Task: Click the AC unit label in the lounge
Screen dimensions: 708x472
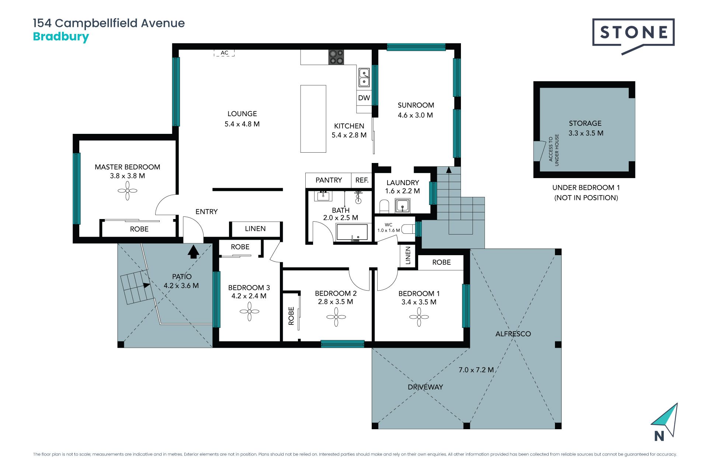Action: click(x=225, y=53)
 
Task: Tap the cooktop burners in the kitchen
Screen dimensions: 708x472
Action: click(x=336, y=57)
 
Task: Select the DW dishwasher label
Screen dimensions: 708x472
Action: click(x=364, y=98)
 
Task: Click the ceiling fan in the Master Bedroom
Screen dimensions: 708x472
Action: click(x=128, y=191)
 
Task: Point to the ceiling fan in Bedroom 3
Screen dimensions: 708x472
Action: click(x=250, y=312)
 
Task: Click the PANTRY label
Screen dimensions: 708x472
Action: click(x=329, y=180)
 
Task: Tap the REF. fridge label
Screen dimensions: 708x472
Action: click(x=362, y=180)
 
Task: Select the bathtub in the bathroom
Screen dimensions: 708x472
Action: click(x=352, y=232)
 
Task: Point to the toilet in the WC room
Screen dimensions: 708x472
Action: click(x=408, y=229)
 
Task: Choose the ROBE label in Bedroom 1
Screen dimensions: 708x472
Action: click(x=441, y=262)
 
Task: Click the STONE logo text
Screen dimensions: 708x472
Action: click(x=634, y=32)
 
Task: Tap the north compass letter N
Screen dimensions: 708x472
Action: click(x=659, y=436)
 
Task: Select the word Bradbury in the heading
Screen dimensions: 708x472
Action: click(x=61, y=37)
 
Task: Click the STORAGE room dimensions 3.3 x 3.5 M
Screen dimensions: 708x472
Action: click(x=586, y=133)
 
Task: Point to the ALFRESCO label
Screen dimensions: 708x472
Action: click(x=513, y=334)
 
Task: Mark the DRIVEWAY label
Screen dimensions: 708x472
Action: click(x=425, y=387)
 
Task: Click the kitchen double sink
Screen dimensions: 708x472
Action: click(x=364, y=77)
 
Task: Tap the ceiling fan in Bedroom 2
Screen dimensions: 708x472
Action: click(x=336, y=317)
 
